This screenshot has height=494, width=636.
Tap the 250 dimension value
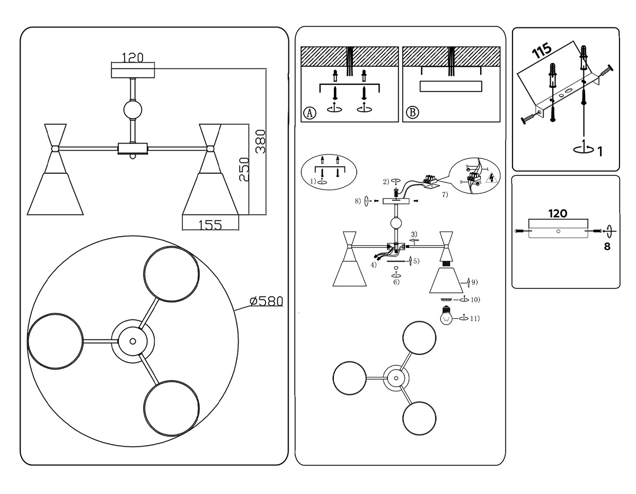(243, 169)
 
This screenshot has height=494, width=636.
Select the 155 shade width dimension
(210, 224)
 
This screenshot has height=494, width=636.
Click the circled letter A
(310, 113)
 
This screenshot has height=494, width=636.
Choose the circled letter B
(412, 113)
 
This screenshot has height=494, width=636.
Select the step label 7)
(444, 194)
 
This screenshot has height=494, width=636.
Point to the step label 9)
(474, 282)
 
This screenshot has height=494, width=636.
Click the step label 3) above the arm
(414, 233)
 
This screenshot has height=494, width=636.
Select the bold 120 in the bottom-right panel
(558, 213)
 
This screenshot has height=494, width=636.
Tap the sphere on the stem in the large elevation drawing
(132, 110)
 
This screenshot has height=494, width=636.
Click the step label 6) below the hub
(396, 282)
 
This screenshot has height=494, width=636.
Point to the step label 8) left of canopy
(358, 201)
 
